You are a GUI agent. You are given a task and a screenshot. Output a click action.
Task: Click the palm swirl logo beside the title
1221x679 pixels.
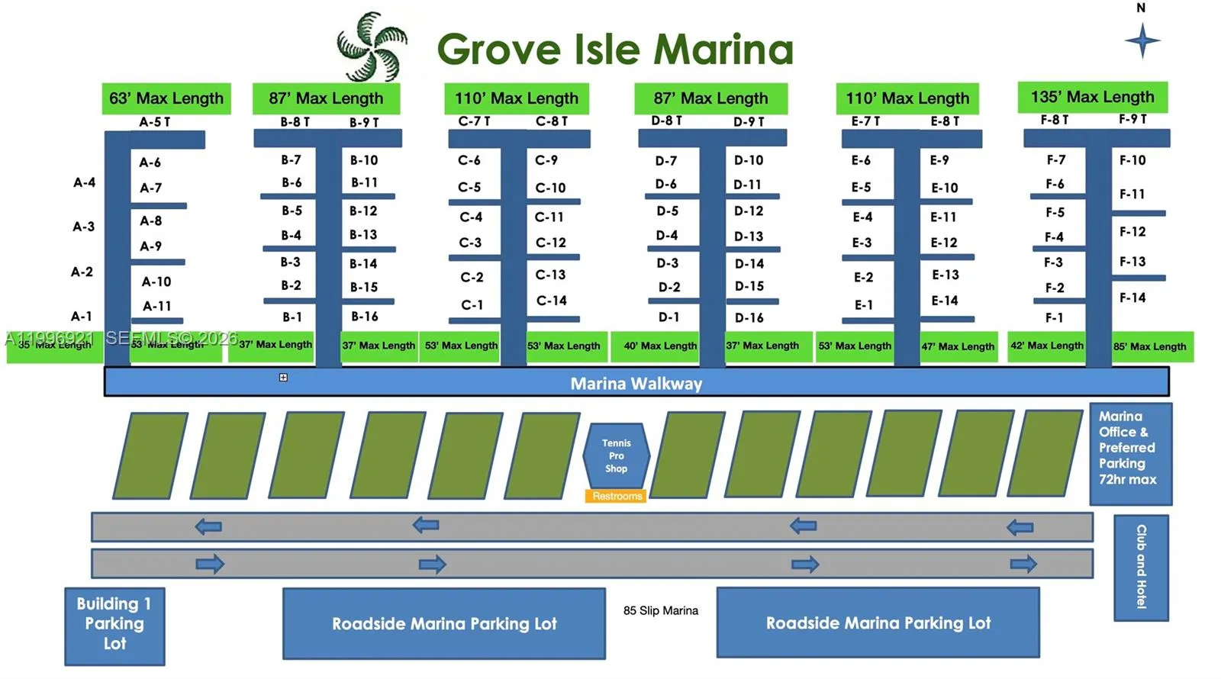coord(372,47)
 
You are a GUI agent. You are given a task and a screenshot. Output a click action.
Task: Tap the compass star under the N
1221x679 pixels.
coord(1142,40)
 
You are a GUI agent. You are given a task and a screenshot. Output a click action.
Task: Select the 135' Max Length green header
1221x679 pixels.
coord(1092,97)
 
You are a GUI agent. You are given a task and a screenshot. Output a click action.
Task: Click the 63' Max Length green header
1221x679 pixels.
coord(166,98)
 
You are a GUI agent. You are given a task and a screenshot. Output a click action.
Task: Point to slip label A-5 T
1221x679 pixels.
coord(155,122)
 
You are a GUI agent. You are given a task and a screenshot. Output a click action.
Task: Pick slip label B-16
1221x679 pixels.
coord(365,316)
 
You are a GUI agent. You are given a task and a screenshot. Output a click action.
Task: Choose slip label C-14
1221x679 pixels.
coord(551,301)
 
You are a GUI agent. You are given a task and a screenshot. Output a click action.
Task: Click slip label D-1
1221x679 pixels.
coord(668,317)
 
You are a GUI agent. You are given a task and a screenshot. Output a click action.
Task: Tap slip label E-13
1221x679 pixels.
coord(946,275)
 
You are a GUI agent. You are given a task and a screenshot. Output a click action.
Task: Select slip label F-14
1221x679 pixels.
coord(1132,298)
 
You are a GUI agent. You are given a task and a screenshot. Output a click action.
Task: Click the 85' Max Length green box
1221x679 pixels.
coord(1149,346)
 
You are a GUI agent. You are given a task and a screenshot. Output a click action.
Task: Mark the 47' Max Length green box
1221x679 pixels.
coord(958,346)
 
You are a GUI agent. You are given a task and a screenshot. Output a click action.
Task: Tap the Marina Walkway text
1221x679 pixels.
coord(636,383)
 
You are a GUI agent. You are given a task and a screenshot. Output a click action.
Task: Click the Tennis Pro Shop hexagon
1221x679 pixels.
coord(616,455)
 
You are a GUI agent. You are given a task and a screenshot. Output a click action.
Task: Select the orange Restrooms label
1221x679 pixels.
coord(617,496)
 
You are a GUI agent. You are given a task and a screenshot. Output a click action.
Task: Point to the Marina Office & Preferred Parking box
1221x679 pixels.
coord(1129,453)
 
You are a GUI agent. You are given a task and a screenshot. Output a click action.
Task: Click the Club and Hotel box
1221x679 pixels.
coord(1141,567)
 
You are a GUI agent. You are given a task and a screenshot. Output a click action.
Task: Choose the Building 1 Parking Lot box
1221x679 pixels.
coord(114,624)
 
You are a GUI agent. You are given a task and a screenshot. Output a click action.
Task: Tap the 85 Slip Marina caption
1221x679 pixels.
coord(660,610)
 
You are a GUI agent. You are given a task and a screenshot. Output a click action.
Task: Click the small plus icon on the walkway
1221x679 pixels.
coord(283,377)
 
